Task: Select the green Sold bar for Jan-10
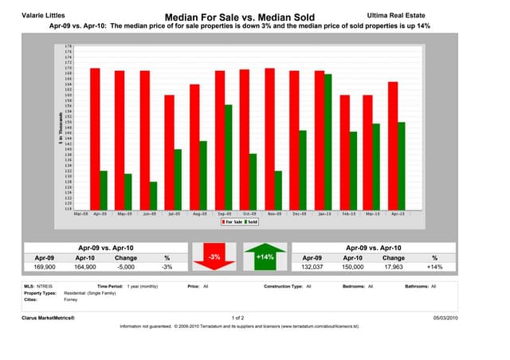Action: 328,142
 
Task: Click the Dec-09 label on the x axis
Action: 298,213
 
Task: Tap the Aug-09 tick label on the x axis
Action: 198,213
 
